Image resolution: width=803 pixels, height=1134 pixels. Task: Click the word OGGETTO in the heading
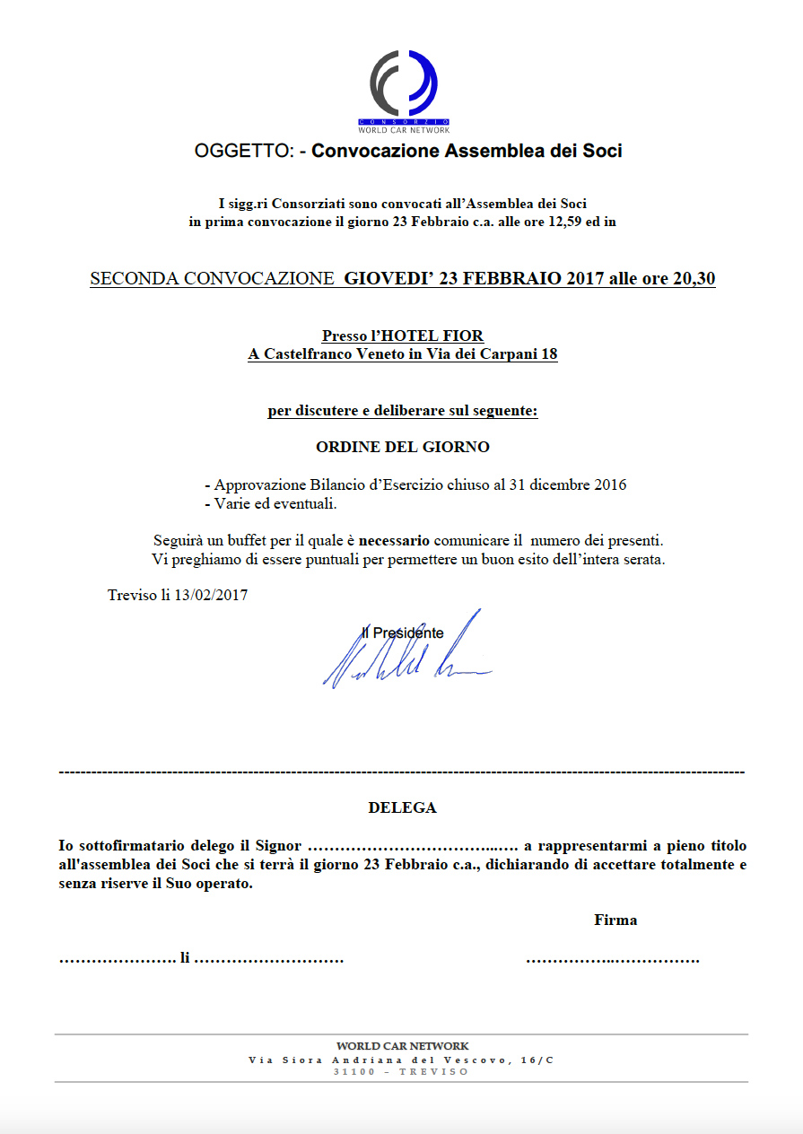point(244,152)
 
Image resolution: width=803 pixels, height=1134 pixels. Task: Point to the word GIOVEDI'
point(388,279)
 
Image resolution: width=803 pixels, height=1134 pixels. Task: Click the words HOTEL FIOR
point(433,336)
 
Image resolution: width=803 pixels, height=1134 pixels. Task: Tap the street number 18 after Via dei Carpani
point(549,354)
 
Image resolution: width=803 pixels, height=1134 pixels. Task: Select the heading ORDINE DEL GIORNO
point(403,447)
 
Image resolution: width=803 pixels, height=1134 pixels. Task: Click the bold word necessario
point(394,541)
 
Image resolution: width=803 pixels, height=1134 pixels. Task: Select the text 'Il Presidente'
point(402,633)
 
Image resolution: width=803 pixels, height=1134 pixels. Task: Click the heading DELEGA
point(402,807)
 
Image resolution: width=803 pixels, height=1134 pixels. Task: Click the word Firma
point(615,920)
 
